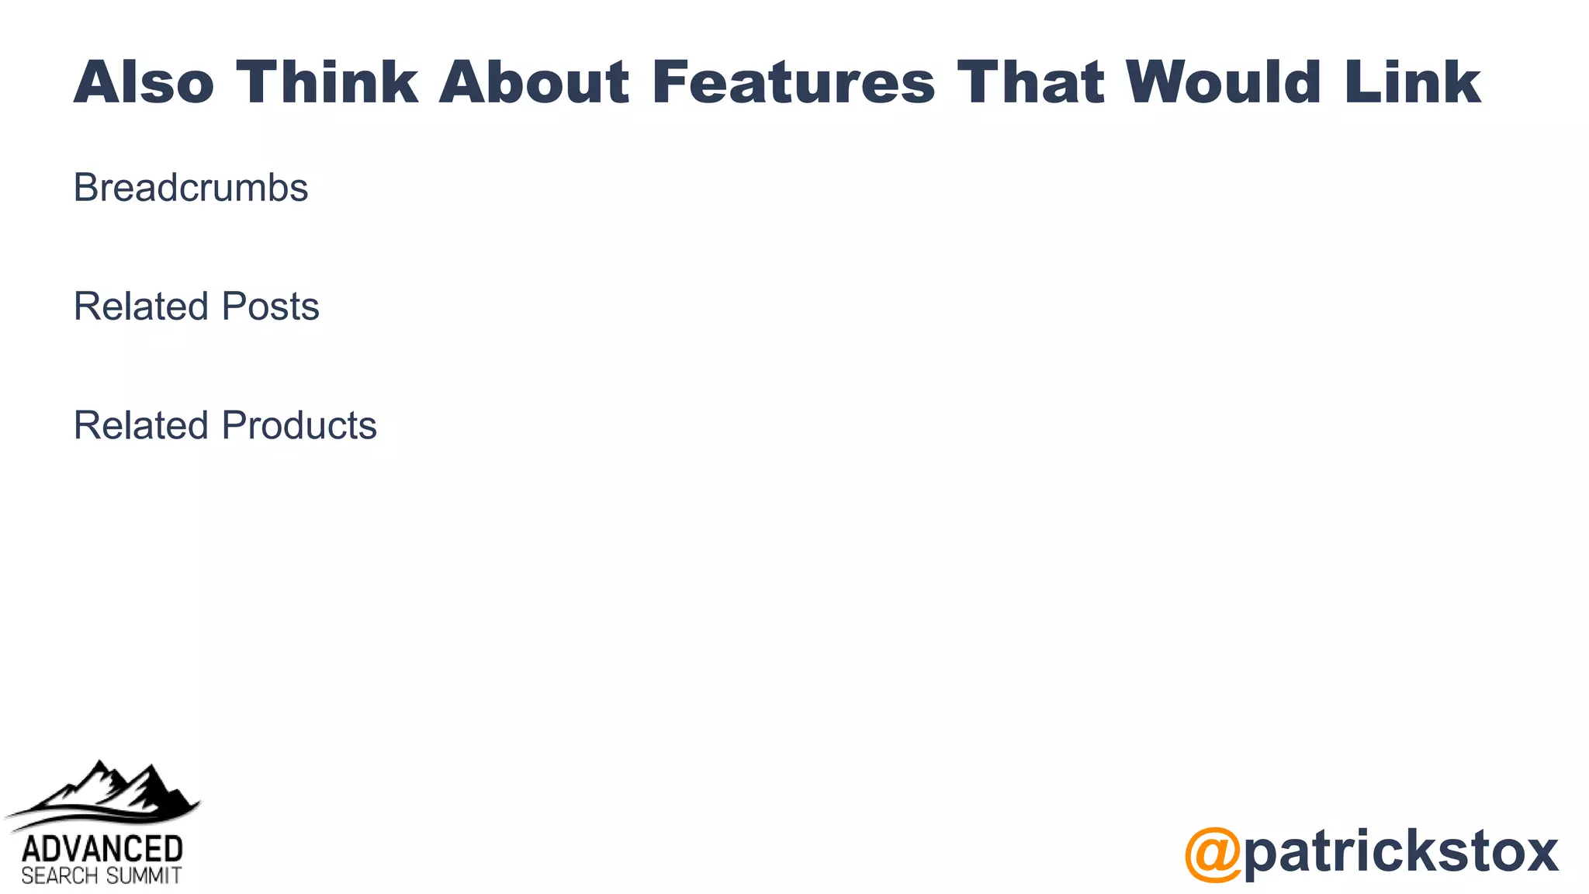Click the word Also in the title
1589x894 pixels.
pyautogui.click(x=144, y=82)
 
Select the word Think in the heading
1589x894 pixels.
pyautogui.click(x=327, y=82)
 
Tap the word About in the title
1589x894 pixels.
pyautogui.click(x=534, y=82)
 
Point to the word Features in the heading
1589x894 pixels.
pyautogui.click(x=794, y=82)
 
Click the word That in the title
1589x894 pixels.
pyautogui.click(x=1030, y=82)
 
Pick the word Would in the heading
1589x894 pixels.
pyautogui.click(x=1223, y=82)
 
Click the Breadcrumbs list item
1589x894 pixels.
pyautogui.click(x=191, y=188)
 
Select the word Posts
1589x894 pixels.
pyautogui.click(x=270, y=307)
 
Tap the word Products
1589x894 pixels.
pyautogui.click(x=299, y=426)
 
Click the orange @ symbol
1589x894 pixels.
pyautogui.click(x=1213, y=854)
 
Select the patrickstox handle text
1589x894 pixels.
pyautogui.click(x=1400, y=851)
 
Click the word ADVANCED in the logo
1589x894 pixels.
pyautogui.click(x=102, y=849)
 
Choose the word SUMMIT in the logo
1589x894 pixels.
pyautogui.click(x=144, y=877)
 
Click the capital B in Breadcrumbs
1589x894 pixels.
pyautogui.click(x=85, y=188)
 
